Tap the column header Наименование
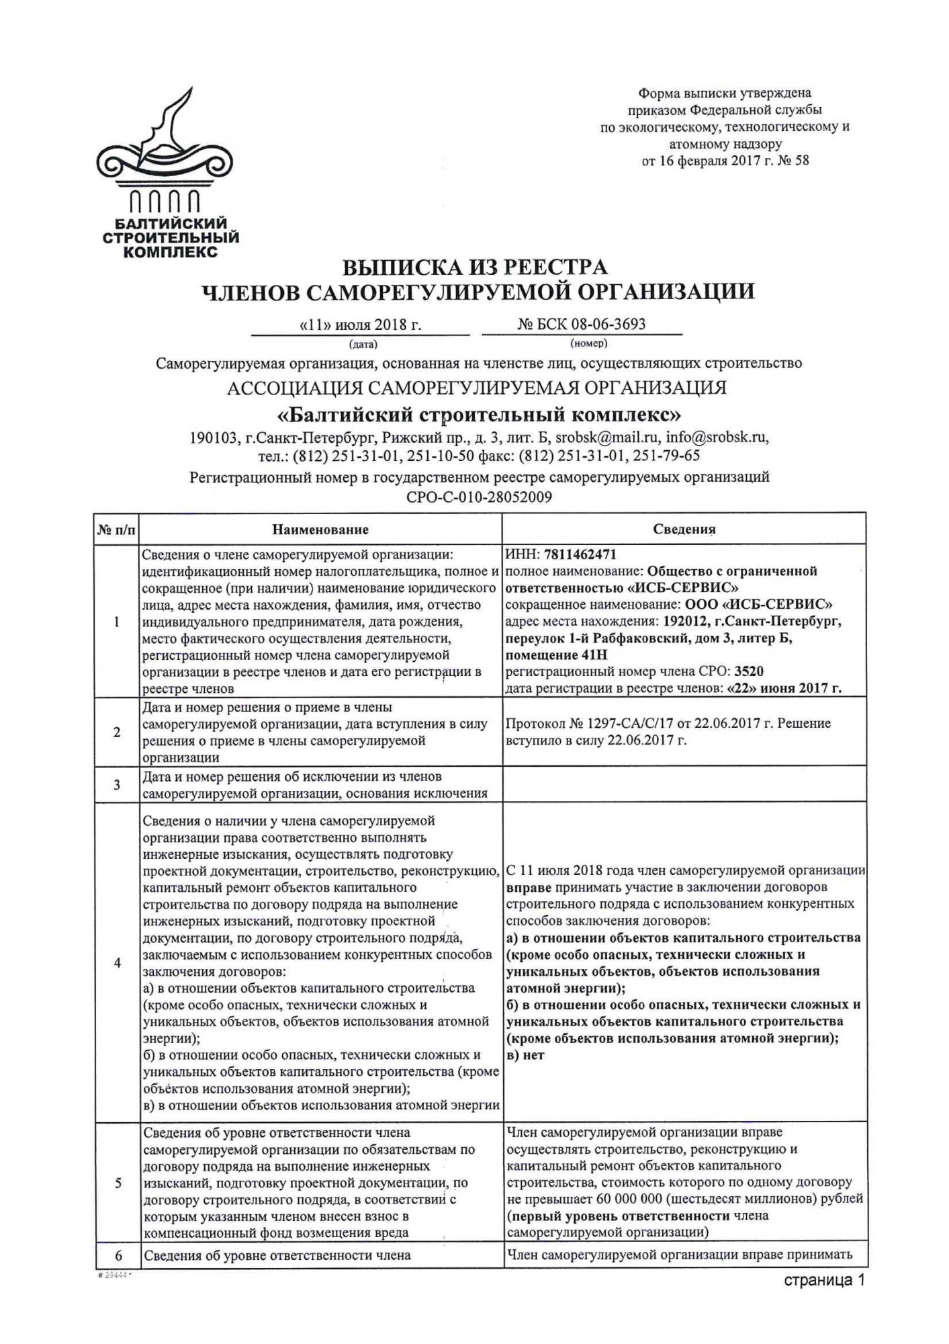click(x=320, y=530)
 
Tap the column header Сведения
click(x=684, y=530)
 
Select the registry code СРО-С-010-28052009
click(x=479, y=498)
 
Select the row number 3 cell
click(x=117, y=785)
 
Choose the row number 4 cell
click(x=117, y=963)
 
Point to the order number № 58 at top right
click(x=793, y=161)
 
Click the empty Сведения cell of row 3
click(x=684, y=785)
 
